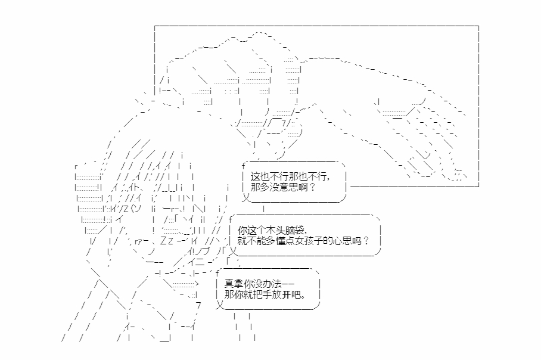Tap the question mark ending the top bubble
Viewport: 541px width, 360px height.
[x=313, y=187]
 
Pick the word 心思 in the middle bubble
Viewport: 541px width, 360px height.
[x=341, y=241]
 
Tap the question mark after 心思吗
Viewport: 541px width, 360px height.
[x=366, y=241]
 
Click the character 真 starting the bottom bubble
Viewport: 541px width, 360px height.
[x=229, y=284]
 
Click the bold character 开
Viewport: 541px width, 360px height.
[x=287, y=295]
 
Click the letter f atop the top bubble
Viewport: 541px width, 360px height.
[x=244, y=166]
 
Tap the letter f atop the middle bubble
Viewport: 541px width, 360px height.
[x=230, y=219]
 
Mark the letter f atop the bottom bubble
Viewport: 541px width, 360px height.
[x=217, y=274]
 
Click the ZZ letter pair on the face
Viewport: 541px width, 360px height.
[x=167, y=241]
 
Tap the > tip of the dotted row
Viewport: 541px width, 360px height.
[x=197, y=284]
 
